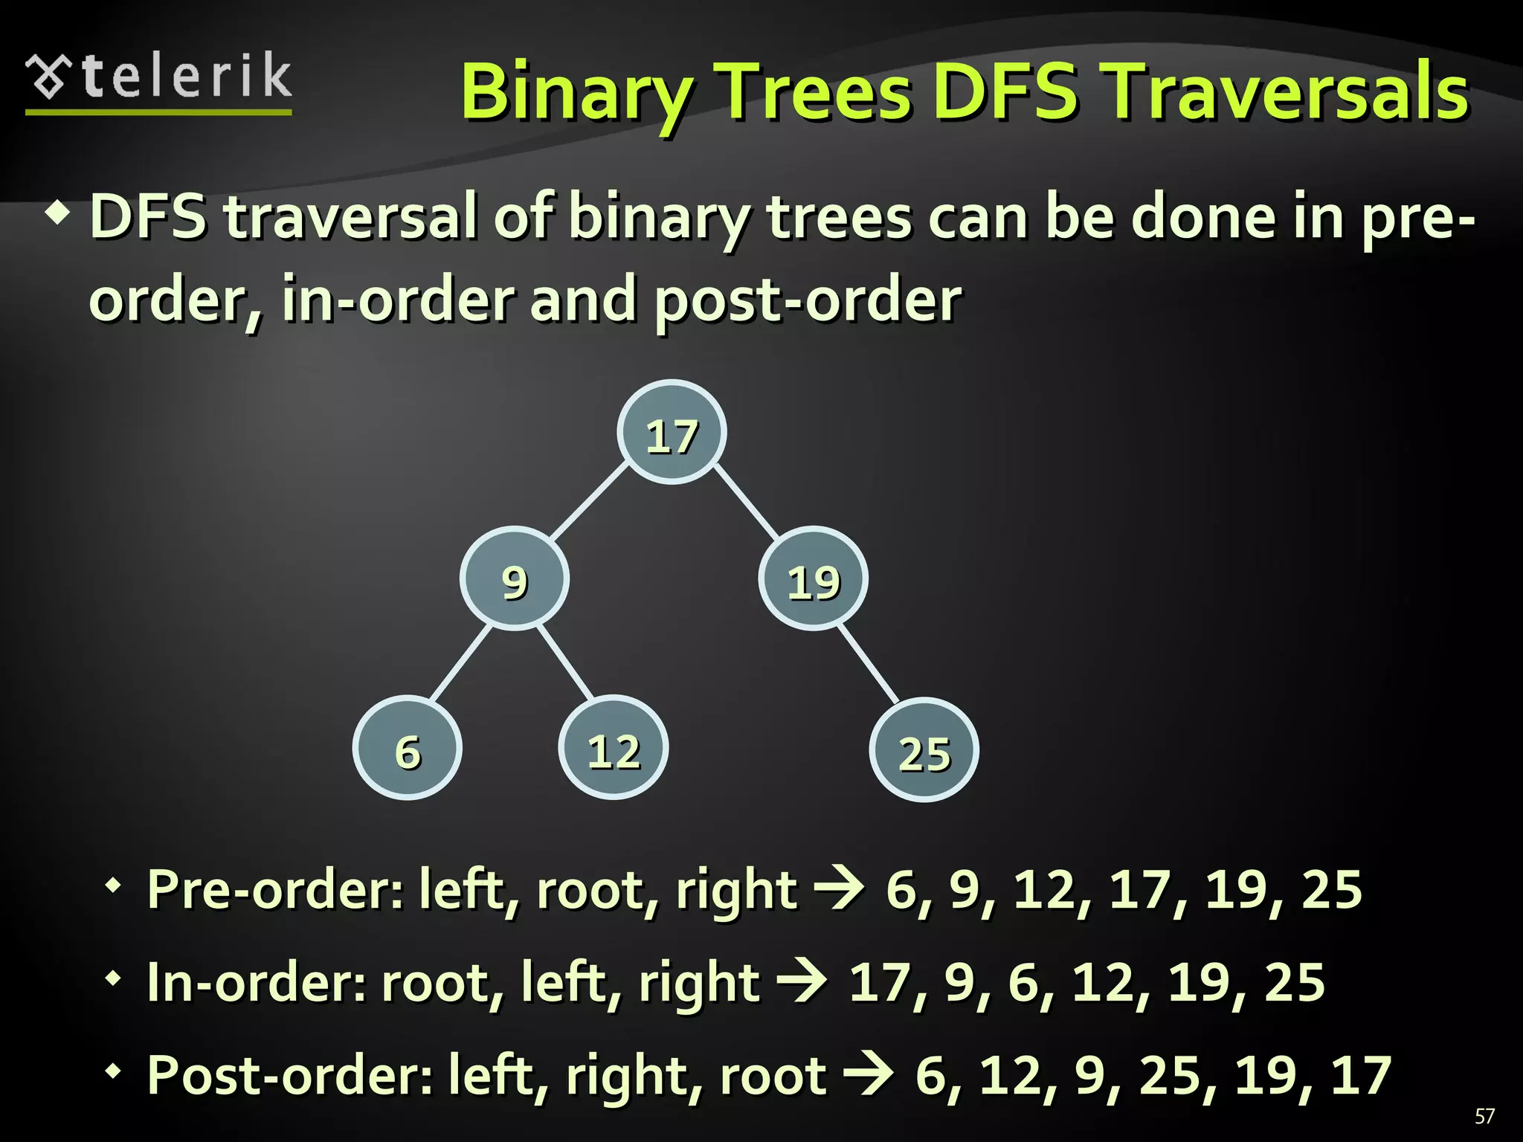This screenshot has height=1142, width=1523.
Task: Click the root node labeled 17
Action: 672,433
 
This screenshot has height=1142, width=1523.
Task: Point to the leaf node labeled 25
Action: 924,751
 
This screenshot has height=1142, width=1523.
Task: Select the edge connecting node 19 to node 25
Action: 869,664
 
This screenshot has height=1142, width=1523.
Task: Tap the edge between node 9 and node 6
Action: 461,663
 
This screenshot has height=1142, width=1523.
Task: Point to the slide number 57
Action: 1484,1116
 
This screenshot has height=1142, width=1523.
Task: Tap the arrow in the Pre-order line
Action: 839,888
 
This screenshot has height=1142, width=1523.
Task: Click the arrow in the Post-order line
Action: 869,1075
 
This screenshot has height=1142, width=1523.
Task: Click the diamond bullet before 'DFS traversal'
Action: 58,216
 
